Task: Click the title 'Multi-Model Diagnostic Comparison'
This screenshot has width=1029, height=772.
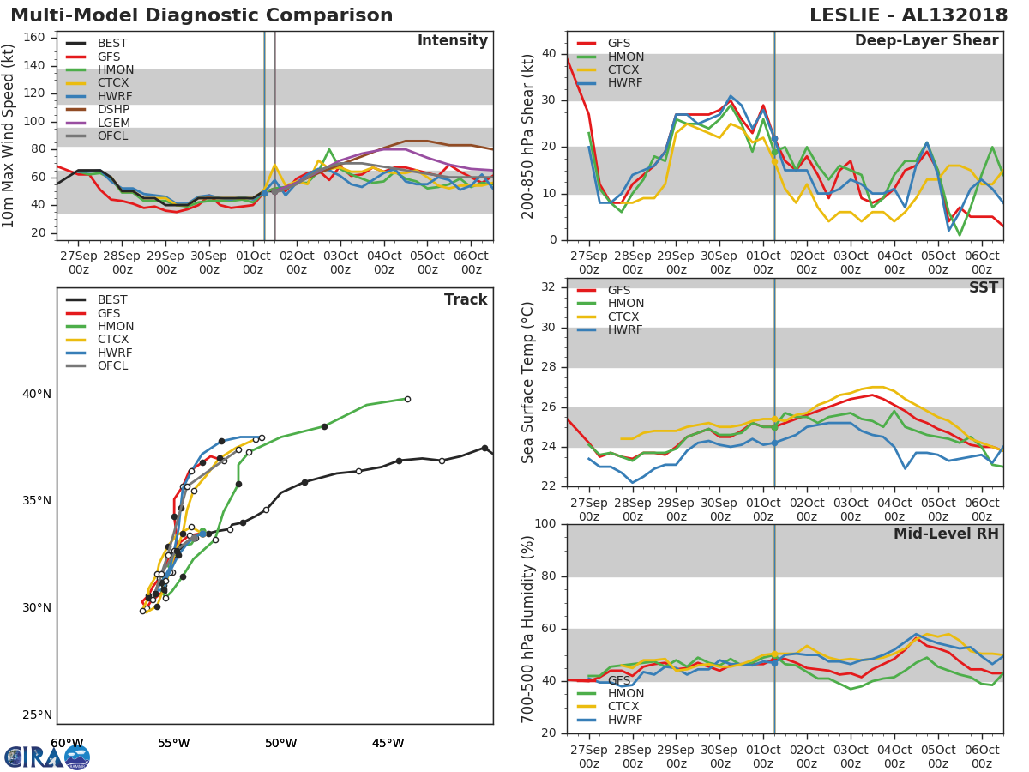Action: pyautogui.click(x=202, y=15)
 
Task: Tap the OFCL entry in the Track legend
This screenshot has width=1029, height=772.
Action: pyautogui.click(x=112, y=366)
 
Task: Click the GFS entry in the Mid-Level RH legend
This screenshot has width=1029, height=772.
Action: pyautogui.click(x=619, y=680)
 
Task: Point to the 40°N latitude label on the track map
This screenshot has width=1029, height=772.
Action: pyautogui.click(x=37, y=395)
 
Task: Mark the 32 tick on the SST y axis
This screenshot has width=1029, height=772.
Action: pyautogui.click(x=548, y=287)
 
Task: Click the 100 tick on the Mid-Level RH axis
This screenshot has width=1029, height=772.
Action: pyautogui.click(x=545, y=524)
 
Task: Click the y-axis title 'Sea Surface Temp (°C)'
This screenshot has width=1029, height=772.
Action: pyautogui.click(x=529, y=383)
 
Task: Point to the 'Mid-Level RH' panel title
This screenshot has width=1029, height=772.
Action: pyautogui.click(x=946, y=534)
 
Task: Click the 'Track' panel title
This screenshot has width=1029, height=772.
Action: pyautogui.click(x=466, y=300)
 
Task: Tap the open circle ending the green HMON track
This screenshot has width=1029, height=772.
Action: pyautogui.click(x=407, y=399)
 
